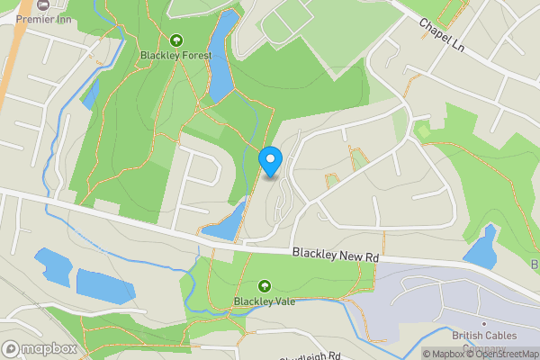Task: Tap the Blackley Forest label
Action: click(175, 56)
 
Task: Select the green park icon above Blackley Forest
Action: click(175, 40)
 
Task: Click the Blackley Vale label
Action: click(264, 301)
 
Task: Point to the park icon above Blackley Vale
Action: click(264, 285)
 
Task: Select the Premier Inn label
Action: click(43, 19)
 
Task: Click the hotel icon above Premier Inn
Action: click(43, 5)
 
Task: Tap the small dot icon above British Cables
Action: click(483, 324)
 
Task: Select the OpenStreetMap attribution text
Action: click(501, 354)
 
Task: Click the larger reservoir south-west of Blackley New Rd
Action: click(105, 284)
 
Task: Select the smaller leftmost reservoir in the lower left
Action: click(55, 265)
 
